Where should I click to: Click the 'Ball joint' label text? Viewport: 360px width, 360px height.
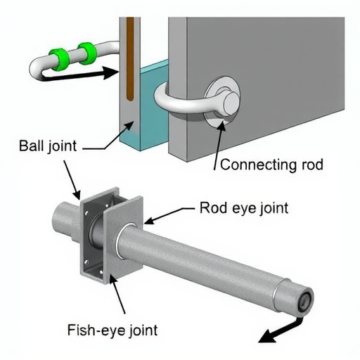pyautogui.click(x=48, y=146)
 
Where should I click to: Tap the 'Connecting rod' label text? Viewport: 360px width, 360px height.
pyautogui.click(x=271, y=165)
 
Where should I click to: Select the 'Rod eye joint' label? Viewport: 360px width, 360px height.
pyautogui.click(x=244, y=207)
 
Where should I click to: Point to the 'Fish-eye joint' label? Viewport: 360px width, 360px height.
pyautogui.click(x=112, y=330)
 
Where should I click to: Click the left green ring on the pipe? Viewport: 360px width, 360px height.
pyautogui.click(x=58, y=59)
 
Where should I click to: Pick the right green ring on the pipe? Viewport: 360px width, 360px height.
pyautogui.click(x=87, y=53)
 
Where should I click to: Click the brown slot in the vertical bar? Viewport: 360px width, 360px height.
pyautogui.click(x=130, y=59)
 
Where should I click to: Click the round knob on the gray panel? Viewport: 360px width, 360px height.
pyautogui.click(x=231, y=101)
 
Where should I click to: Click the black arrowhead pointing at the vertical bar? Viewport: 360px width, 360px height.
pyautogui.click(x=111, y=72)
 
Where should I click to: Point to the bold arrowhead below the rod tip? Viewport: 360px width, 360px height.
pyautogui.click(x=268, y=337)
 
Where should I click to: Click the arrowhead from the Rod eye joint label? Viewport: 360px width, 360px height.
pyautogui.click(x=150, y=221)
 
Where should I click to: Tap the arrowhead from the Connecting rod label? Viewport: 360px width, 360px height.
pyautogui.click(x=221, y=124)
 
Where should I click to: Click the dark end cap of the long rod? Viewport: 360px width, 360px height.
pyautogui.click(x=306, y=300)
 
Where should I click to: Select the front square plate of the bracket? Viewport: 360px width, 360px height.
pyautogui.click(x=123, y=236)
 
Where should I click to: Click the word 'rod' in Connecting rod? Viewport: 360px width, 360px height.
pyautogui.click(x=311, y=165)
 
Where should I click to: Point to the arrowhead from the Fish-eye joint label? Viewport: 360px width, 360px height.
pyautogui.click(x=114, y=281)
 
